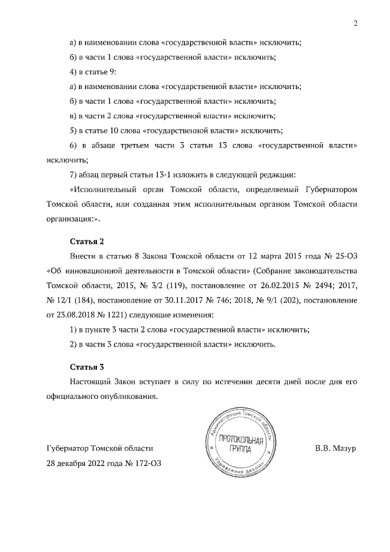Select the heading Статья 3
[x=88, y=367]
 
